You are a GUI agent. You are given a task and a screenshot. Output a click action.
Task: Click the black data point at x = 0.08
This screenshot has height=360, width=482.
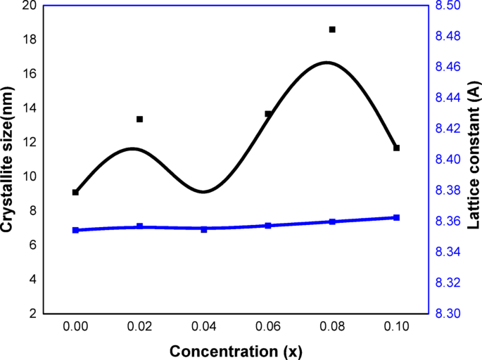pyautogui.click(x=332, y=30)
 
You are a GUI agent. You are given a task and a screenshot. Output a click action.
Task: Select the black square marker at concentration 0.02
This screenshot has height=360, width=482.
pyautogui.click(x=139, y=120)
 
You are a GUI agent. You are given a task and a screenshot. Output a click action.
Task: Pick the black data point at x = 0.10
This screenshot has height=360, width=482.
pyautogui.click(x=396, y=148)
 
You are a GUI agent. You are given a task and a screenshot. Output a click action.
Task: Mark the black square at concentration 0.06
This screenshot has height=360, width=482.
pyautogui.click(x=268, y=114)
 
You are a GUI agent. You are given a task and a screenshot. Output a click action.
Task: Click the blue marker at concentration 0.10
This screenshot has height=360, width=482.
pyautogui.click(x=396, y=218)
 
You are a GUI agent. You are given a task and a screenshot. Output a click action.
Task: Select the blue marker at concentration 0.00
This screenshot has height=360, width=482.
pyautogui.click(x=75, y=230)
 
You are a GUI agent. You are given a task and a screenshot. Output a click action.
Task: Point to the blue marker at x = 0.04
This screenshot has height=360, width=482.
pyautogui.click(x=204, y=229)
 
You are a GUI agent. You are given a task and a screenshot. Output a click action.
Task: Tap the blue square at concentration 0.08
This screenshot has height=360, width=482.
pyautogui.click(x=332, y=221)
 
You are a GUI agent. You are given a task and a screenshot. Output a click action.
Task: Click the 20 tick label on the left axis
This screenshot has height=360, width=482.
pyautogui.click(x=29, y=6)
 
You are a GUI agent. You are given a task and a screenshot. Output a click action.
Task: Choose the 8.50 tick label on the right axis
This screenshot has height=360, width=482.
pyautogui.click(x=450, y=6)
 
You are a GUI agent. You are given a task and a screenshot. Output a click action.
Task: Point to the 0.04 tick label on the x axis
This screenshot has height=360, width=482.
pyautogui.click(x=204, y=327)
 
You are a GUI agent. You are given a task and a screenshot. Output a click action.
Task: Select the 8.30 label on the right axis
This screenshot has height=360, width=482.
pyautogui.click(x=450, y=314)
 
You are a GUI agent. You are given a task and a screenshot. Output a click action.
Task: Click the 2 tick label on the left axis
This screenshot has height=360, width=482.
pyautogui.click(x=32, y=314)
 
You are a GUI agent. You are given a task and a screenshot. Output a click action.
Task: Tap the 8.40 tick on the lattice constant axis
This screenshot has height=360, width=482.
pyautogui.click(x=450, y=160)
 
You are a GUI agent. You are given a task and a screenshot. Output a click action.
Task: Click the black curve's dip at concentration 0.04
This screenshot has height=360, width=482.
pyautogui.click(x=203, y=192)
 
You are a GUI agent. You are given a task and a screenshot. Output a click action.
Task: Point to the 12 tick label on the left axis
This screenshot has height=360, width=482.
pyautogui.click(x=29, y=143)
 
